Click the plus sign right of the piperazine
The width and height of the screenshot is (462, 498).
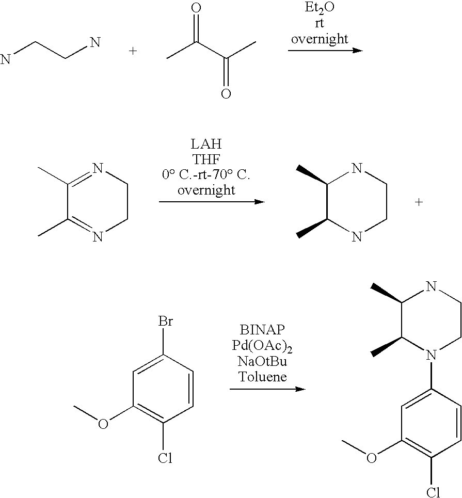click(x=419, y=202)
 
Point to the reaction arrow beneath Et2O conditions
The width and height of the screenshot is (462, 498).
click(x=325, y=51)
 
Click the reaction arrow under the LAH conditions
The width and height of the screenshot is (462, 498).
click(x=211, y=202)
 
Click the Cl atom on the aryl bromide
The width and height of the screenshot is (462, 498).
click(x=165, y=457)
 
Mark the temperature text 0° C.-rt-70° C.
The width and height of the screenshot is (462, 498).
click(x=205, y=175)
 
